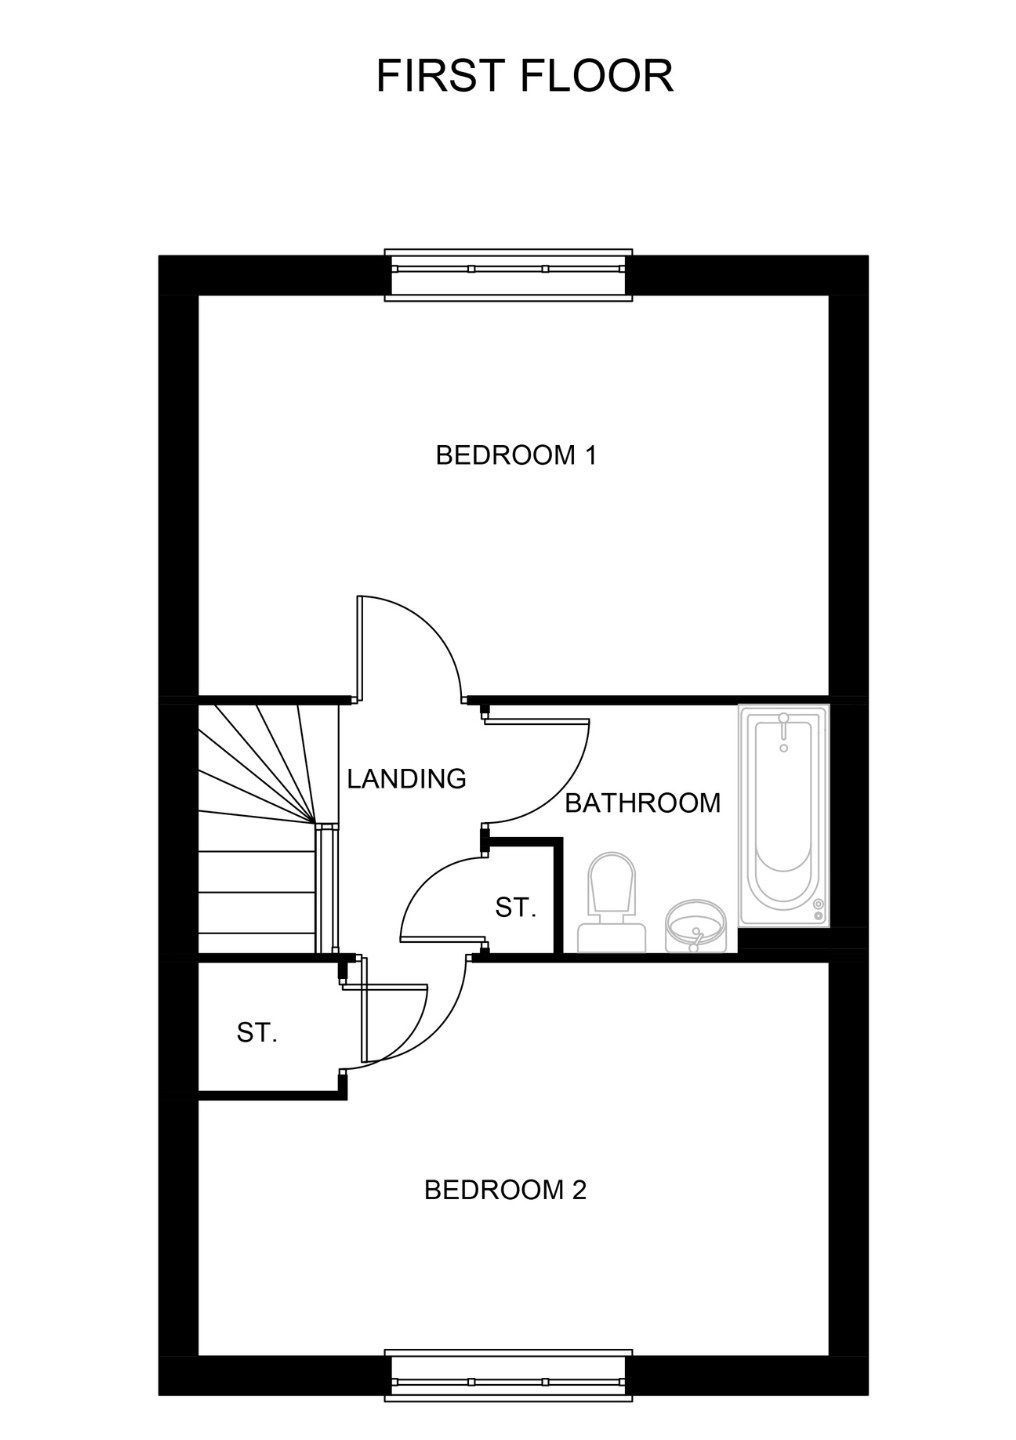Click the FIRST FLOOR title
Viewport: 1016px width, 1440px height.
(524, 76)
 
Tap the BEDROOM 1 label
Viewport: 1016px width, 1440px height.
(516, 455)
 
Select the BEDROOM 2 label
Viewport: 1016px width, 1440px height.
(505, 1190)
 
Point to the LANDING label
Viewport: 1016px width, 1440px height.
(406, 778)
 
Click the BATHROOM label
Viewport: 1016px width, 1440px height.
(643, 803)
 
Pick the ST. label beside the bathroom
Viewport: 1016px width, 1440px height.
(516, 907)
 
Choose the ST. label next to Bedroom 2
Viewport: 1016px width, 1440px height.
(257, 1032)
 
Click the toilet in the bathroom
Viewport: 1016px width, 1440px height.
(612, 901)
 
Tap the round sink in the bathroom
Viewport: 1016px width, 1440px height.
(695, 926)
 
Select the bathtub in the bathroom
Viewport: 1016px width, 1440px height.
(784, 816)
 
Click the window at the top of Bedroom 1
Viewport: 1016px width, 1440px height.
(509, 274)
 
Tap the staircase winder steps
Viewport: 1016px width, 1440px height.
(257, 765)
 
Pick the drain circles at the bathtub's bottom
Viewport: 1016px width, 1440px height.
(819, 910)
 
